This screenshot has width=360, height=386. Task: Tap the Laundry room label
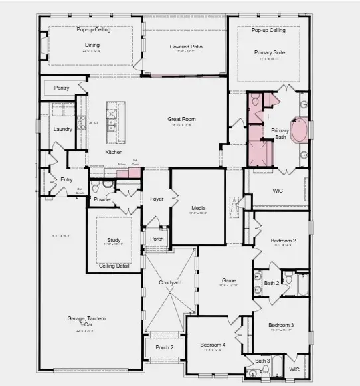click(63, 129)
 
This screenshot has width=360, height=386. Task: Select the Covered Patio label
click(185, 47)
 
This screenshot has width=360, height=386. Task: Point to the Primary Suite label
click(268, 51)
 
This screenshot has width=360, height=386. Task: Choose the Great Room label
click(181, 119)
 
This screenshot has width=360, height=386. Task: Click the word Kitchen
click(114, 152)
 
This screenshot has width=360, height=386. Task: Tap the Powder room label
click(102, 199)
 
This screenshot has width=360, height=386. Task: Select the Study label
click(114, 240)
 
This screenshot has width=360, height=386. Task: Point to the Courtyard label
click(170, 283)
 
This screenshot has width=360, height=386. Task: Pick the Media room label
click(198, 207)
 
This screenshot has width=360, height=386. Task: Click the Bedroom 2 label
click(283, 240)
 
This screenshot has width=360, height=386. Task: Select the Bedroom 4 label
click(213, 345)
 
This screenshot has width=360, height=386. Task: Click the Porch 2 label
click(165, 347)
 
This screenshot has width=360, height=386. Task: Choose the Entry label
click(66, 179)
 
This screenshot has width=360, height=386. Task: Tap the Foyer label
click(157, 199)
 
